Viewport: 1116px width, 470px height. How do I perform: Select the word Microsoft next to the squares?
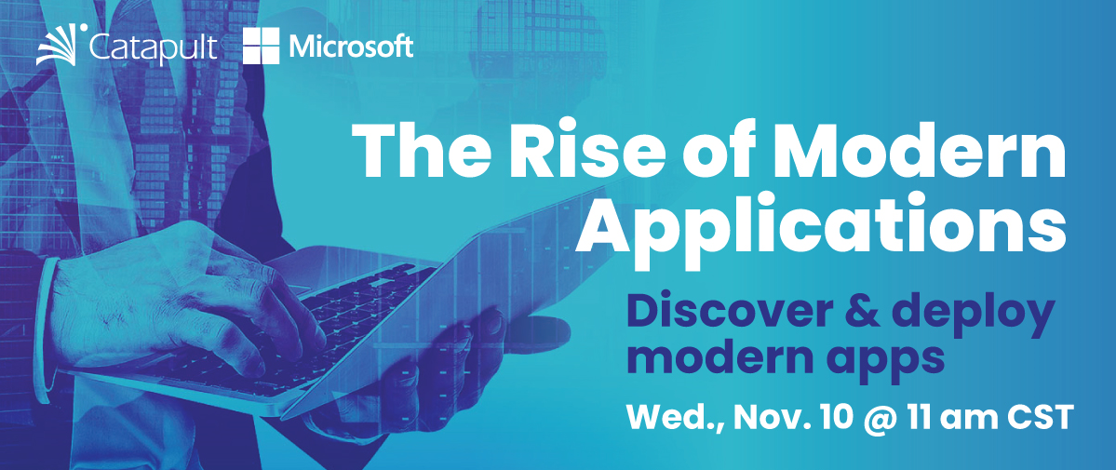(351, 46)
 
